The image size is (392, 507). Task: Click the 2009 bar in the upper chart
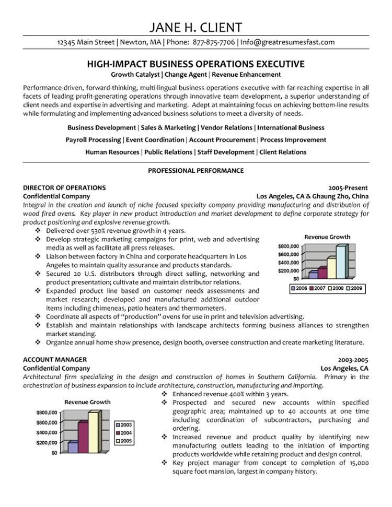coord(341,262)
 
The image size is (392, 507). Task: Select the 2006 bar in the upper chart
coord(313,274)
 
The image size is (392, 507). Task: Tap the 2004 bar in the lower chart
coord(83,437)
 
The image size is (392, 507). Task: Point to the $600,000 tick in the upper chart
coord(289,254)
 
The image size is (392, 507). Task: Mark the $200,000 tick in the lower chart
coord(47,443)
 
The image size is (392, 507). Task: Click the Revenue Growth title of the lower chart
coord(87,402)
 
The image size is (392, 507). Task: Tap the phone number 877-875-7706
coord(214,42)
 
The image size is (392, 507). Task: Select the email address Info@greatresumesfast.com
coord(287,42)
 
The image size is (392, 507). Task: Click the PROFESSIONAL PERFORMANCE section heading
coord(196,170)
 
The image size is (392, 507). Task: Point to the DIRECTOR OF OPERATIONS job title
coord(65,187)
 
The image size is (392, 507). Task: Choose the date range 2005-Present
coord(348,187)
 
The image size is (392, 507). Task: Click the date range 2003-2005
coord(353,359)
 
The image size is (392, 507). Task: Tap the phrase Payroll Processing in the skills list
coord(93,140)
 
